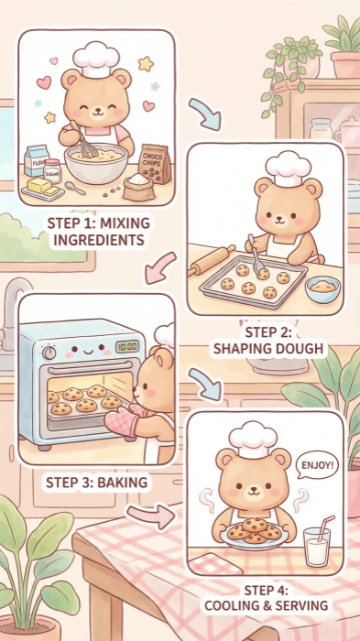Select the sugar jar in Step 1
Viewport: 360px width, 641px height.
tap(52, 169)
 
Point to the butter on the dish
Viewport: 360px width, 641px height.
tap(41, 186)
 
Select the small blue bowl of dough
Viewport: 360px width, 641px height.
tap(322, 289)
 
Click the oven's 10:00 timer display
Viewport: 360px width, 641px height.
tap(127, 347)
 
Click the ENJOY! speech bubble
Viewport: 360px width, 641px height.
tap(318, 465)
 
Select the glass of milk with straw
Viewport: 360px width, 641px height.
tap(317, 548)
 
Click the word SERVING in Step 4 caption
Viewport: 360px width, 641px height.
tap(298, 605)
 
